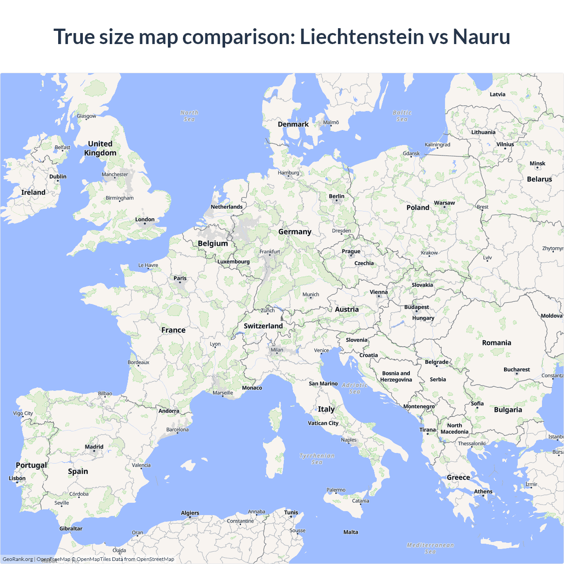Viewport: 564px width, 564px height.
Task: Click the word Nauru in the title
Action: [482, 37]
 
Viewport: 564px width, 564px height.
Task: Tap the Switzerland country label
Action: [263, 326]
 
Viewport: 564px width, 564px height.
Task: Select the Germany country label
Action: [295, 232]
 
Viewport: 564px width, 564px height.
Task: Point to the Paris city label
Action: [180, 278]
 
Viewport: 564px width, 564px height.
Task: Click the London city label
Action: [145, 219]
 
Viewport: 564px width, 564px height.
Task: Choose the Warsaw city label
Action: [444, 203]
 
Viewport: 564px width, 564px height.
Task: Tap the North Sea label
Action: [189, 116]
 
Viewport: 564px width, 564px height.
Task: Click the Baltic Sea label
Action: [402, 116]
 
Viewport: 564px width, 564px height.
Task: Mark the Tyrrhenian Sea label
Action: [317, 459]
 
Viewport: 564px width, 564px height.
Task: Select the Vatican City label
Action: [323, 423]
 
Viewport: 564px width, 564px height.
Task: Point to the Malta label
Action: [351, 532]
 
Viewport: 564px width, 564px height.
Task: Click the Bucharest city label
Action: [516, 370]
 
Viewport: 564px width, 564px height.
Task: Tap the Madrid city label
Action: [94, 447]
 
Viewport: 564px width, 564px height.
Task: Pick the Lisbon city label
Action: [17, 479]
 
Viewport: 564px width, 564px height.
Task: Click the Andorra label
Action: [169, 411]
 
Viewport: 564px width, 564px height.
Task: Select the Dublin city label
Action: [58, 177]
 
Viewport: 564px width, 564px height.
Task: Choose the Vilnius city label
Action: [505, 145]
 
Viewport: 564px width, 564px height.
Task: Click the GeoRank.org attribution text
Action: [18, 559]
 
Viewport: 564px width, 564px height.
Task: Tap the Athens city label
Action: [483, 492]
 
